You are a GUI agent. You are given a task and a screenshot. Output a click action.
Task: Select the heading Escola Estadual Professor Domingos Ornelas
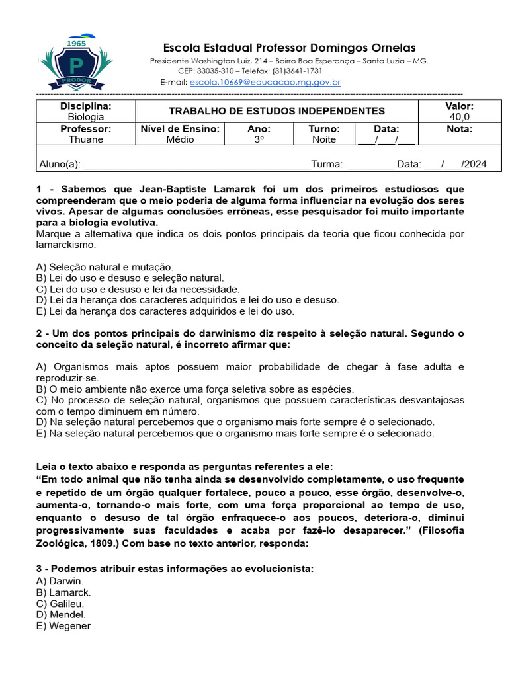click(290, 48)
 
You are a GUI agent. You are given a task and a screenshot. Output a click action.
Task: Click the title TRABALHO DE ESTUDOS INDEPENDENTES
click(276, 111)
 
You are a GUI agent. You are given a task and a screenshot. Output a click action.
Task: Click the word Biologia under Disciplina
click(86, 117)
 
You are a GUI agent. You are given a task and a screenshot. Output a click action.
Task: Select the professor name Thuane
click(86, 139)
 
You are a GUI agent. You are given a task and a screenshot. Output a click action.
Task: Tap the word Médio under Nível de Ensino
click(180, 139)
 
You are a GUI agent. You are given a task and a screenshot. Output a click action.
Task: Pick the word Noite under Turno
click(324, 139)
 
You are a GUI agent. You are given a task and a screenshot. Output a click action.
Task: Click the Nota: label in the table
click(459, 129)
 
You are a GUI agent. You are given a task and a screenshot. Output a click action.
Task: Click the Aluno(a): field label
click(60, 164)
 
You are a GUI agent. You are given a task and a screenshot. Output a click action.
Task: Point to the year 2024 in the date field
click(475, 164)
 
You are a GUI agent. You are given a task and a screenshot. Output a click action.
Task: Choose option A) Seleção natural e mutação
click(105, 267)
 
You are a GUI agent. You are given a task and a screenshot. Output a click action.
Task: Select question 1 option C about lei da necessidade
click(138, 289)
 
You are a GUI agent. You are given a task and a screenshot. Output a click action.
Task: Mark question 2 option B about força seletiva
click(195, 389)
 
